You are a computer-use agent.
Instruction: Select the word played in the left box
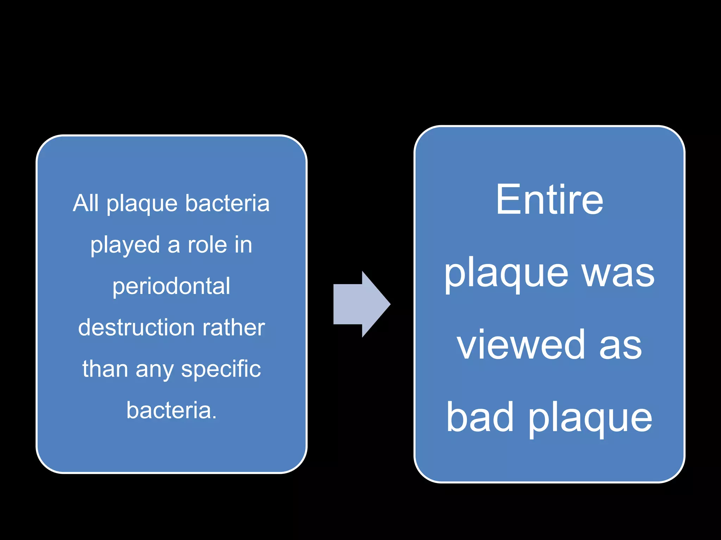(x=125, y=245)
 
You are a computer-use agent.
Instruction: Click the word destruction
(x=136, y=328)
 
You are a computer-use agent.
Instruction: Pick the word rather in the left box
(x=233, y=328)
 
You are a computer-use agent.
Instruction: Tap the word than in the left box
(x=105, y=369)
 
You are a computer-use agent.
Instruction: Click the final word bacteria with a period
(x=171, y=410)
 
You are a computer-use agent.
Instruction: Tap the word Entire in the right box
(x=549, y=200)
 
